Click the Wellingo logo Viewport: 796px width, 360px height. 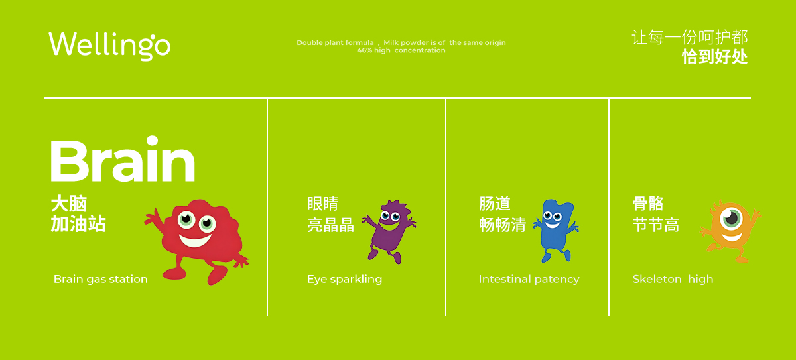coord(109,46)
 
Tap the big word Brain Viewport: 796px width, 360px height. coord(123,158)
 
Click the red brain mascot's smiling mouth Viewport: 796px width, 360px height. coord(195,241)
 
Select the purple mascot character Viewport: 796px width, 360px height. coord(389,231)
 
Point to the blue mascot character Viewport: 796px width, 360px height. coord(556,231)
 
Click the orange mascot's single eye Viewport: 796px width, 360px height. coord(731,218)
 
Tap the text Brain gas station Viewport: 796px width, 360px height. coord(101,279)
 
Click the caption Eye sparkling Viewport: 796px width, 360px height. coord(344,279)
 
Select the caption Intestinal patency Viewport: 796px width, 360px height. coord(529,279)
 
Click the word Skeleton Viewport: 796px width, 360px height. coord(657,279)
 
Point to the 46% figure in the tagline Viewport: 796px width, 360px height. coord(364,50)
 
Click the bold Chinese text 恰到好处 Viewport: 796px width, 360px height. coord(714,57)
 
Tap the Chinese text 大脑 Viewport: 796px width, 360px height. coord(69,204)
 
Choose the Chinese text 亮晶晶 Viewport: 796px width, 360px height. coord(330,225)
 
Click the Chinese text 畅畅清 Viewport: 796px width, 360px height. coord(503,225)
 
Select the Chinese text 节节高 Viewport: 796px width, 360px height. coord(656,225)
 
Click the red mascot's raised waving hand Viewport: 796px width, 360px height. coord(152,217)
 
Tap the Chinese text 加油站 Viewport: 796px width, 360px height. coord(78,223)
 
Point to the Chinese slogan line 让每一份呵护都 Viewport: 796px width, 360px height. coord(690,37)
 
